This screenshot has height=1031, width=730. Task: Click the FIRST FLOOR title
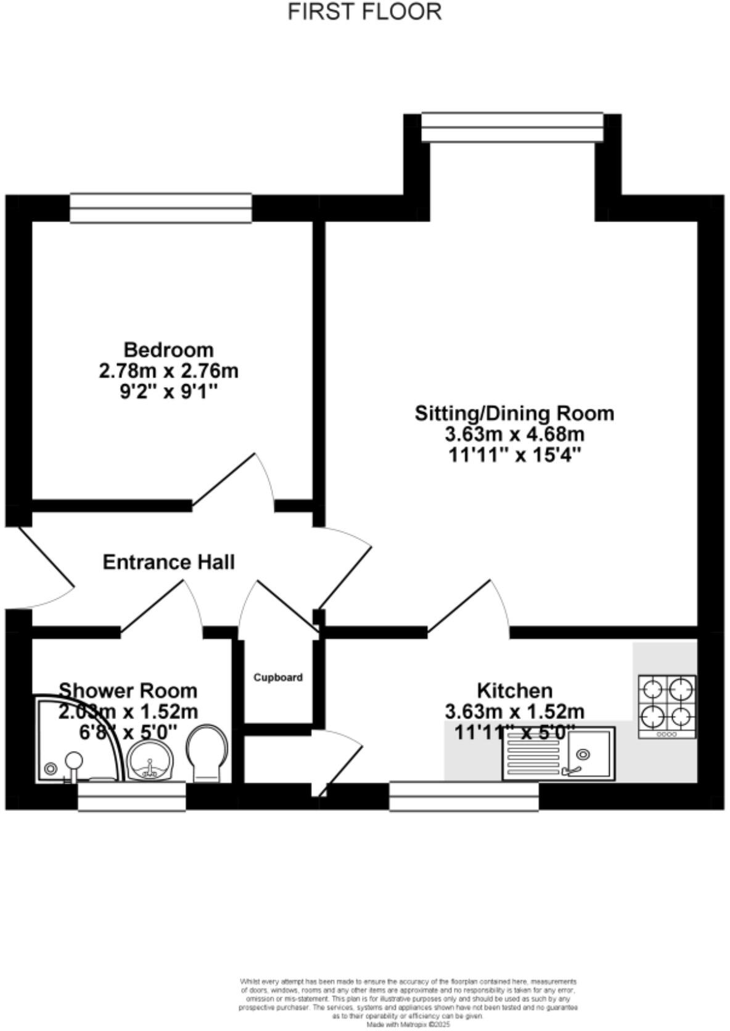pyautogui.click(x=364, y=12)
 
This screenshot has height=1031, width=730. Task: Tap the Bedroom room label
pyautogui.click(x=168, y=350)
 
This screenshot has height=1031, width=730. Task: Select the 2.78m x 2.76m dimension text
pyautogui.click(x=168, y=371)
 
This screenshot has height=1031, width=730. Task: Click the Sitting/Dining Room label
pyautogui.click(x=514, y=413)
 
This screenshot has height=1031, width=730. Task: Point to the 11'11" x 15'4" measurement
pyautogui.click(x=514, y=455)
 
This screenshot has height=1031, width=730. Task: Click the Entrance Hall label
pyautogui.click(x=168, y=562)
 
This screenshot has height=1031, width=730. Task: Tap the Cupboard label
pyautogui.click(x=278, y=678)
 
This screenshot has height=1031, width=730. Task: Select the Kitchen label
pyautogui.click(x=514, y=690)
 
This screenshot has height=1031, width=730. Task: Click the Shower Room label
pyautogui.click(x=128, y=690)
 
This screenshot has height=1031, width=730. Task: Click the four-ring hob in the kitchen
pyautogui.click(x=667, y=707)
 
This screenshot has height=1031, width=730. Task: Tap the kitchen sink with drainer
pyautogui.click(x=558, y=754)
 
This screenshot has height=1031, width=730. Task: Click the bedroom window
pyautogui.click(x=160, y=208)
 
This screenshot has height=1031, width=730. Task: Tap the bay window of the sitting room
pyautogui.click(x=512, y=127)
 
